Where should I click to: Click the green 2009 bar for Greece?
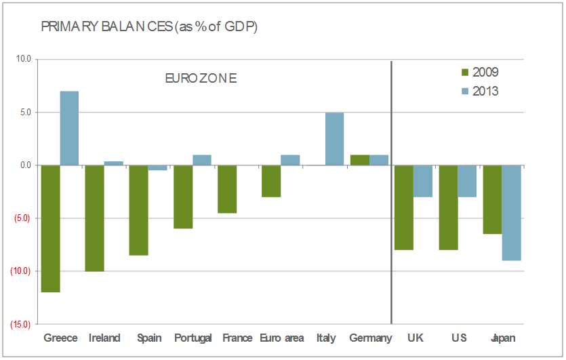click(51, 228)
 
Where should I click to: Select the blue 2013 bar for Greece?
click(69, 128)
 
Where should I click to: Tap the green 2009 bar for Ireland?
click(95, 218)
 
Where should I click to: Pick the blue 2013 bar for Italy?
click(334, 139)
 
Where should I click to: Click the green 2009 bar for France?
click(227, 189)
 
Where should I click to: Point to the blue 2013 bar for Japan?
click(511, 212)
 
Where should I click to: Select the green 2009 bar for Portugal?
click(183, 197)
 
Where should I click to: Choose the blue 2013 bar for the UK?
click(422, 181)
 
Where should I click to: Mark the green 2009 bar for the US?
click(448, 207)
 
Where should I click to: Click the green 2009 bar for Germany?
click(360, 160)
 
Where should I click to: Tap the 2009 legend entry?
click(479, 73)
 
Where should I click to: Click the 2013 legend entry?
click(479, 91)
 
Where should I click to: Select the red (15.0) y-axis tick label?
click(20, 324)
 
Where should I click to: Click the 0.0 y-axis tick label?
click(25, 165)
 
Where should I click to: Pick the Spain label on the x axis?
click(148, 338)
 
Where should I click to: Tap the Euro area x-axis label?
click(281, 338)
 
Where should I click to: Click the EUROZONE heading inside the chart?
click(201, 79)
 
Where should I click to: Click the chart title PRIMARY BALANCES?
click(148, 27)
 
